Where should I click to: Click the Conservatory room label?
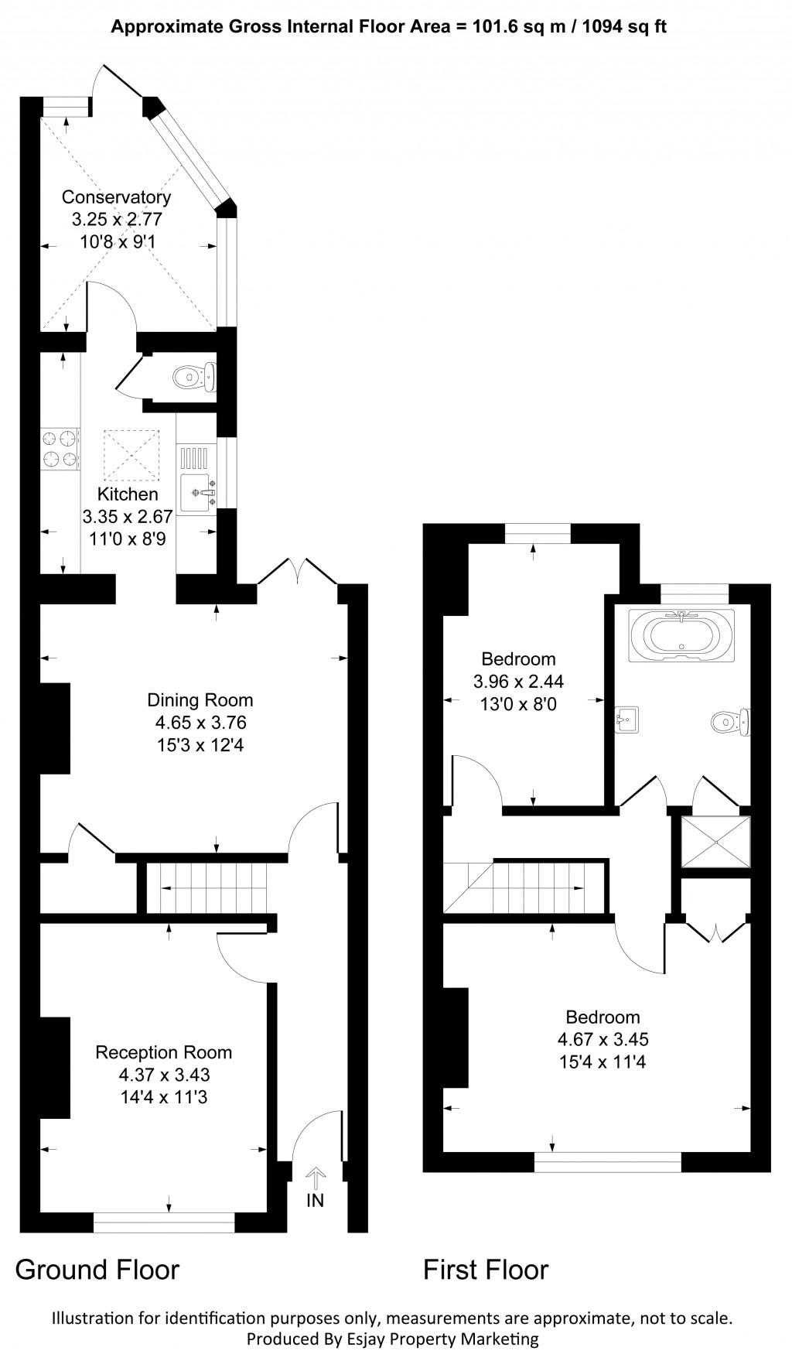point(116,197)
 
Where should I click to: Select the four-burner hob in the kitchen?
point(60,449)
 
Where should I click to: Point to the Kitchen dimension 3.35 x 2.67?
point(128,516)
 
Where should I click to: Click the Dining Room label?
point(200,700)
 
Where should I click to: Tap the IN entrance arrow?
point(316,1180)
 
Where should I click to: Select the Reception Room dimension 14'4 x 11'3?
point(163,1096)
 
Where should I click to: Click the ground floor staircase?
point(207,888)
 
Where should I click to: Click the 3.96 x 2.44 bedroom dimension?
point(518,682)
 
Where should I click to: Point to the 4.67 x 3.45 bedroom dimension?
point(603,1039)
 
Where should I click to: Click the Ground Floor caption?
point(97,1270)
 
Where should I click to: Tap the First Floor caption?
point(486,1270)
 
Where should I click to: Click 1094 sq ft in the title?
point(623,27)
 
